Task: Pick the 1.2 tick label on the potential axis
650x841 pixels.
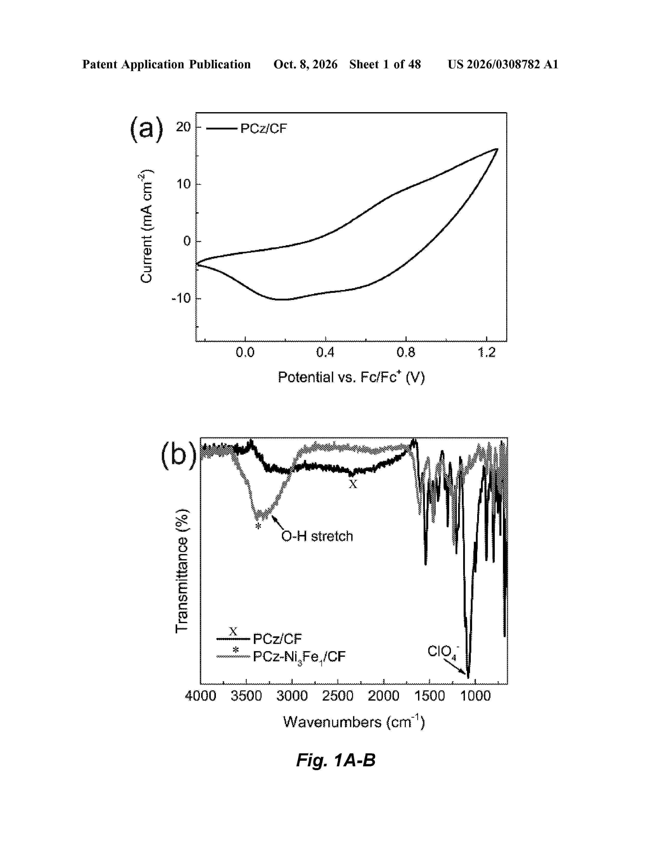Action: (x=486, y=352)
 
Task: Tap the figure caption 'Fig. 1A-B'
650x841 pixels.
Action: (x=335, y=760)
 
